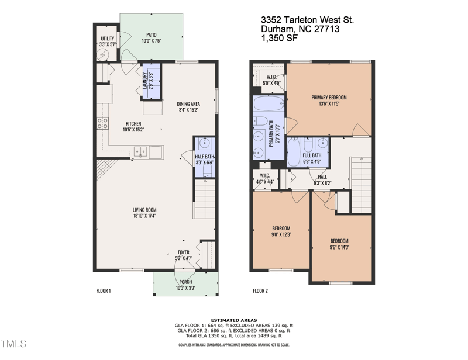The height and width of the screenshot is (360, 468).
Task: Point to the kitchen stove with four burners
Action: (x=102, y=123)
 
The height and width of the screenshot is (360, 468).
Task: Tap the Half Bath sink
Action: (x=205, y=144)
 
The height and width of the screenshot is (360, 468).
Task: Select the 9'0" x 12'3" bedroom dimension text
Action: (x=281, y=234)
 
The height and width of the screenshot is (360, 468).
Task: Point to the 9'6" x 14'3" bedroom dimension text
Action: (x=339, y=247)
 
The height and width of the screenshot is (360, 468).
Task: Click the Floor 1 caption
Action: (x=103, y=290)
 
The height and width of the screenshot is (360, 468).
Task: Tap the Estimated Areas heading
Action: (x=233, y=319)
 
